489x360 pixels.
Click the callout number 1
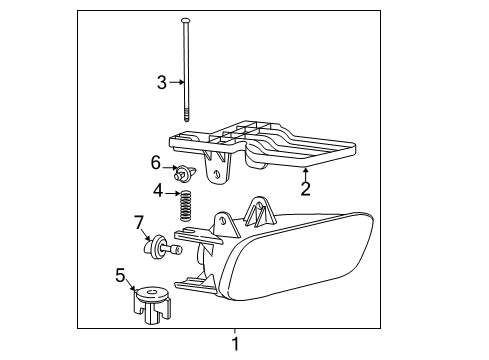coord(235,345)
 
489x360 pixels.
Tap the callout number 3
coord(161,83)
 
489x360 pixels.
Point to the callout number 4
coord(158,190)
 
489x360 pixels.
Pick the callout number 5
coord(121,273)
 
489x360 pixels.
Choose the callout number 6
coord(155,162)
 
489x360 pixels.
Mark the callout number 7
coord(139,222)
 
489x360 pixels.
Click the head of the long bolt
coord(186,20)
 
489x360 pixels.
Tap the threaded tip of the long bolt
coord(187,117)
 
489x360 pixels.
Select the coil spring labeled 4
coord(185,207)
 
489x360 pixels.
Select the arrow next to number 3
coord(177,83)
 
